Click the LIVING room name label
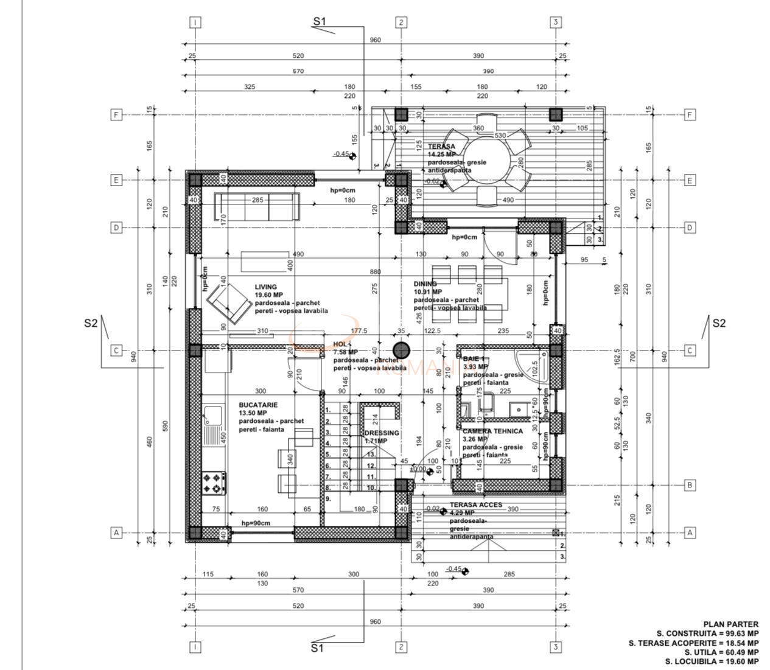click(x=266, y=287)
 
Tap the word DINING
click(x=425, y=284)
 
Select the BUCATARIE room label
click(x=258, y=405)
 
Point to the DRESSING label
click(x=382, y=433)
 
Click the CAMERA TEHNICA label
click(x=492, y=431)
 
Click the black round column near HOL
click(x=401, y=351)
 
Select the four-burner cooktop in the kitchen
click(x=214, y=484)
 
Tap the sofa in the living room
click(x=257, y=208)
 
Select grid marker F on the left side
click(x=116, y=115)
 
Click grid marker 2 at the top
click(x=401, y=23)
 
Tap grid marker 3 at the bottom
click(x=555, y=647)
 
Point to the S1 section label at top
click(x=320, y=21)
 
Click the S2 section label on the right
click(x=718, y=323)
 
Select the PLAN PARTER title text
click(x=730, y=624)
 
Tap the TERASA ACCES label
click(x=476, y=505)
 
